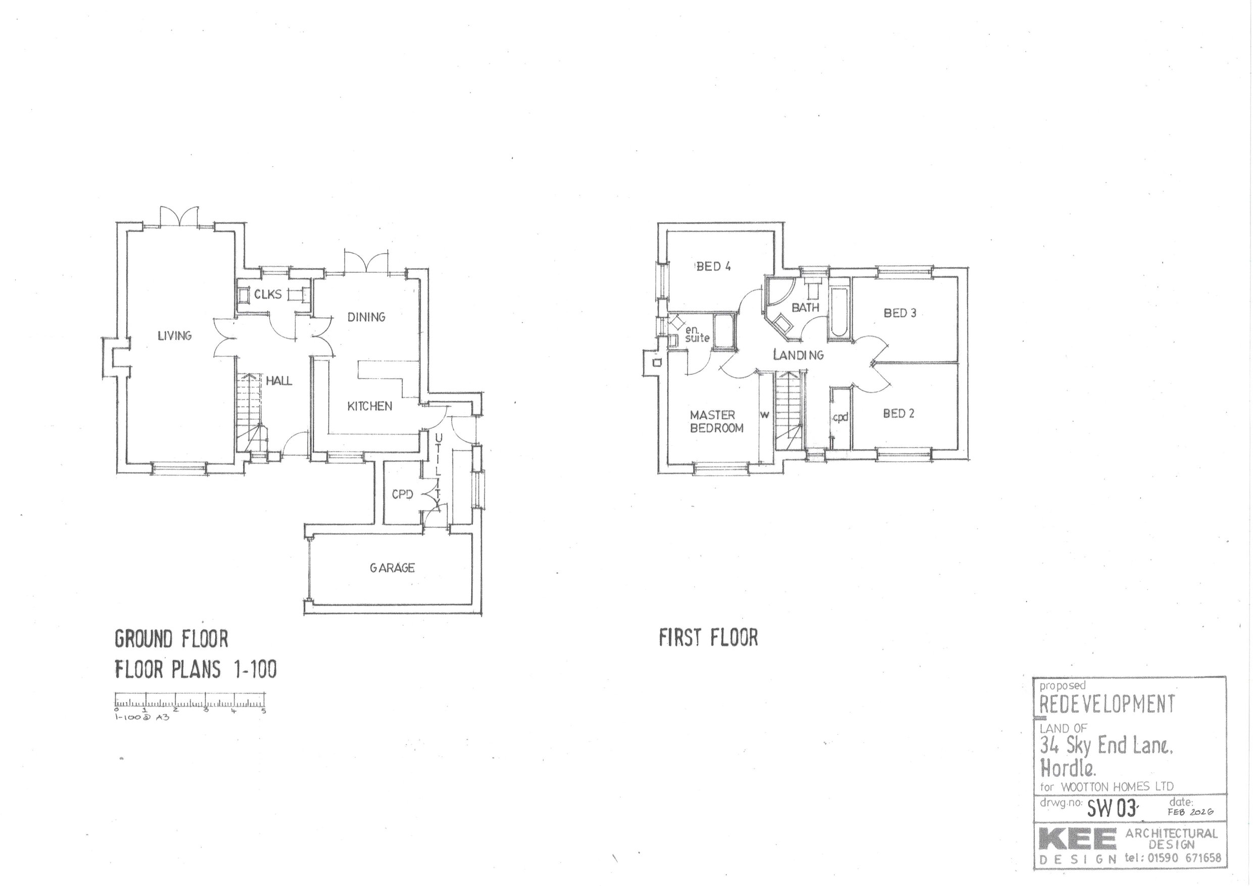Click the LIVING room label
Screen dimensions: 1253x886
coord(175,335)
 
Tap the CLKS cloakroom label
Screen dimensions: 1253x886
coord(268,294)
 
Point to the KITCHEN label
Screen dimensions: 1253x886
coord(369,406)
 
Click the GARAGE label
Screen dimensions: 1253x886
coord(392,568)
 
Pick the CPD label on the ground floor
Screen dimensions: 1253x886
coord(402,495)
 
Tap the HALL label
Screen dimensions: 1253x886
coord(279,381)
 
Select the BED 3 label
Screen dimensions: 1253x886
coord(900,313)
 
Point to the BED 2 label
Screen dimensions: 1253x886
coord(898,414)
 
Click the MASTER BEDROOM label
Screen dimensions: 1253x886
coord(716,422)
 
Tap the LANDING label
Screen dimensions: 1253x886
coord(798,355)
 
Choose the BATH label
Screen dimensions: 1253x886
coord(805,308)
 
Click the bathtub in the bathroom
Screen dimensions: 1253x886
coord(839,310)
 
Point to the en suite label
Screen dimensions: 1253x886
coord(697,334)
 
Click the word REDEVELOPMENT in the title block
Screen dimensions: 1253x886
coord(1107,704)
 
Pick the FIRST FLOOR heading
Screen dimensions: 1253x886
coord(708,637)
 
